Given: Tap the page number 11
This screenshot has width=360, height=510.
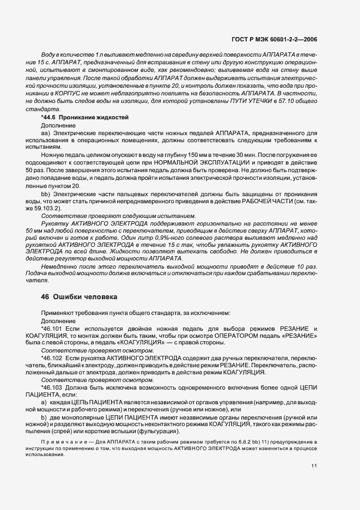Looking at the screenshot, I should click(314, 466).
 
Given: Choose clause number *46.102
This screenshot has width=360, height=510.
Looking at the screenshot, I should click(52, 358).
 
